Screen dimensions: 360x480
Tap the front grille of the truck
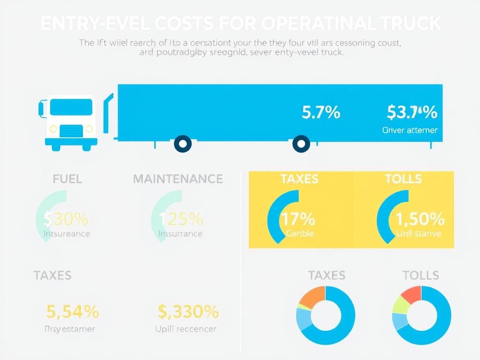pyautogui.click(x=71, y=130)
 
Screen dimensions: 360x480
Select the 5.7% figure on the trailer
pyautogui.click(x=321, y=112)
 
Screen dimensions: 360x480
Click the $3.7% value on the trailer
pyautogui.click(x=412, y=112)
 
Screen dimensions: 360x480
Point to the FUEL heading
pyautogui.click(x=67, y=179)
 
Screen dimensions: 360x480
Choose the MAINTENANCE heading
pyautogui.click(x=178, y=179)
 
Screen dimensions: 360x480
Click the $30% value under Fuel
pyautogui.click(x=66, y=219)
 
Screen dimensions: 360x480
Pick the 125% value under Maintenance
pyautogui.click(x=181, y=219)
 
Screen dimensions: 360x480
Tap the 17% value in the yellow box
pyautogui.click(x=298, y=219)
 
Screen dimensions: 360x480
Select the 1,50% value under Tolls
pyautogui.click(x=420, y=219)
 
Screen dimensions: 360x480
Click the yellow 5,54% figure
pyautogui.click(x=73, y=311)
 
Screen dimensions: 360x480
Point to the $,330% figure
pyautogui.click(x=188, y=311)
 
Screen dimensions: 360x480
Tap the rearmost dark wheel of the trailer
pyautogui.click(x=301, y=144)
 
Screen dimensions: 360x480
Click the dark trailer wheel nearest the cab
pyautogui.click(x=182, y=144)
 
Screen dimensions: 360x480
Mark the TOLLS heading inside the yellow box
pyautogui.click(x=403, y=179)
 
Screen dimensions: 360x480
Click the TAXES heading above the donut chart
pyautogui.click(x=327, y=275)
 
